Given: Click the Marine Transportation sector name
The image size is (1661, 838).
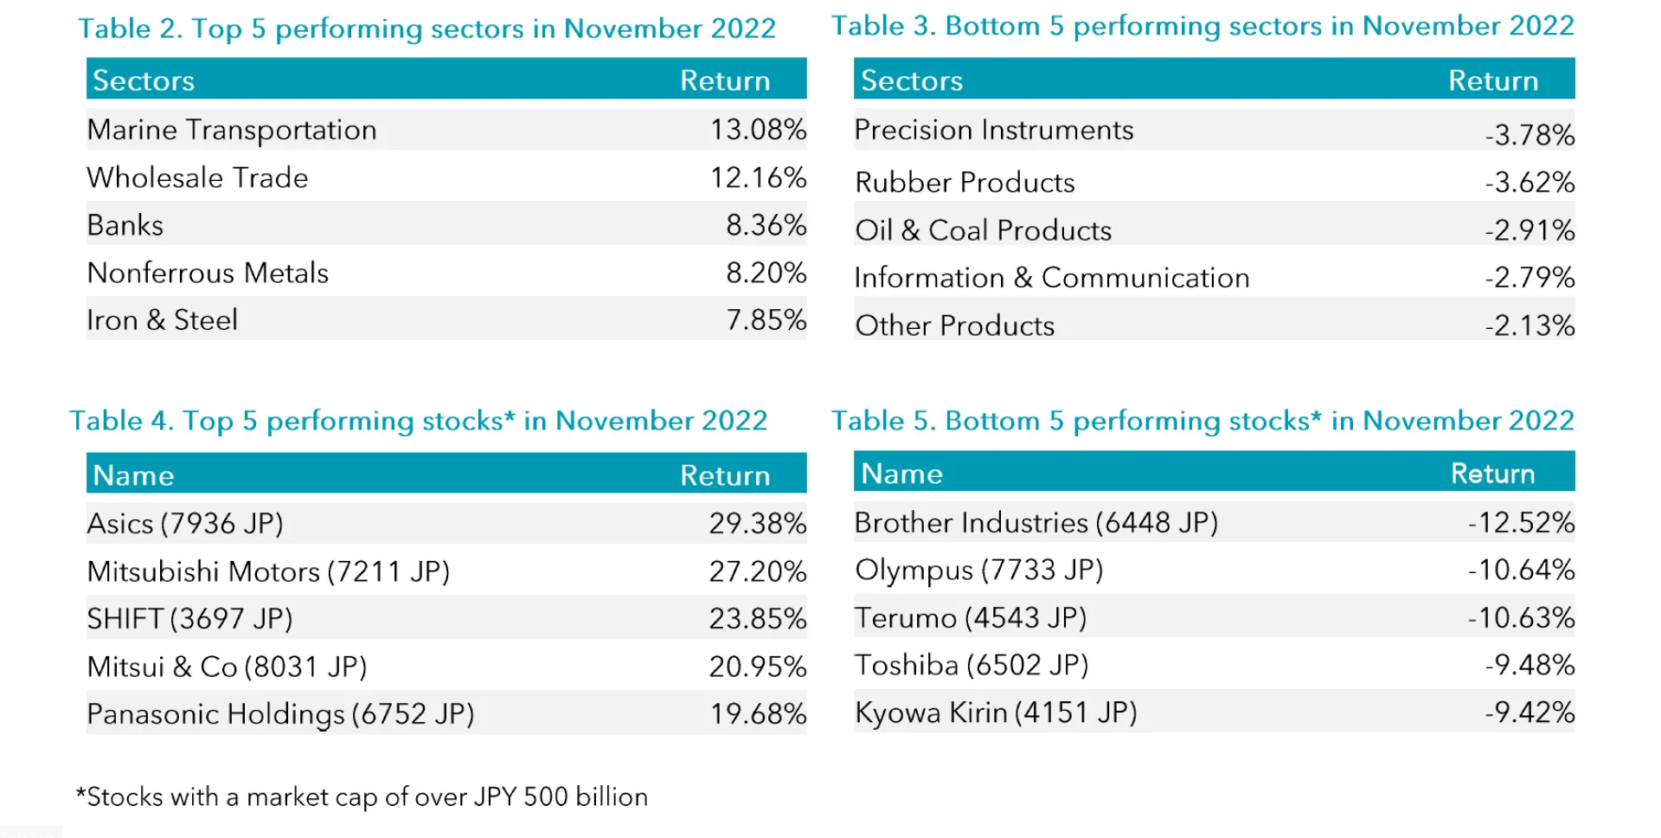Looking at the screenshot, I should click(232, 130).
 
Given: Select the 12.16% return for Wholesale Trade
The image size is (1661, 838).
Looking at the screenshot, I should click(758, 177).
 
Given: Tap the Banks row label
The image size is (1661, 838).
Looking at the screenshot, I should click(125, 225).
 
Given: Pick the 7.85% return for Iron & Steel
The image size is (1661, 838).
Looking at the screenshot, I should click(766, 320).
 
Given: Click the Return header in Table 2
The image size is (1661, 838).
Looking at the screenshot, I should click(725, 81).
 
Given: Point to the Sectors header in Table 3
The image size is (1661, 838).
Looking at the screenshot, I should click(912, 81).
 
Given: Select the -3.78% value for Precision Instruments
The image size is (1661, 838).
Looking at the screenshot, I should click(1529, 135).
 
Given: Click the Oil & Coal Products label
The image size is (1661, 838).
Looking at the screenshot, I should click(983, 230).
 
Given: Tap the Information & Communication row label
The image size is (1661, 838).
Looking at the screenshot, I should click(1051, 278).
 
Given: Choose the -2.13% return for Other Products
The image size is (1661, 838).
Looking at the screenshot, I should click(1529, 326).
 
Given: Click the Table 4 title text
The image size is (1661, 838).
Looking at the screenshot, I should click(418, 421).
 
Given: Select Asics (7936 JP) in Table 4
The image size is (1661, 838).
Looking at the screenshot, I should click(185, 524).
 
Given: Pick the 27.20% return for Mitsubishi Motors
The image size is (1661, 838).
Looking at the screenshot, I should click(757, 571).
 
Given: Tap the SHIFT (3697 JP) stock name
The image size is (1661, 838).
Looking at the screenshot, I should click(189, 619).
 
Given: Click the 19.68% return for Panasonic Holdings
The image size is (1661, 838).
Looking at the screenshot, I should click(757, 714).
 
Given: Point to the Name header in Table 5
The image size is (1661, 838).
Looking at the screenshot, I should click(901, 474).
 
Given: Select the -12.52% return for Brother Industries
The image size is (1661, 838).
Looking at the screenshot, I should click(1520, 523).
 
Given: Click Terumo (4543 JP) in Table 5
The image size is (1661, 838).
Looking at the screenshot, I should click(971, 618).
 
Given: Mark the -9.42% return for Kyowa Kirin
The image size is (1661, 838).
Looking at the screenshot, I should click(1529, 712).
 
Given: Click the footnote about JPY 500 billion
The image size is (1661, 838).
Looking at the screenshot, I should click(362, 796).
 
